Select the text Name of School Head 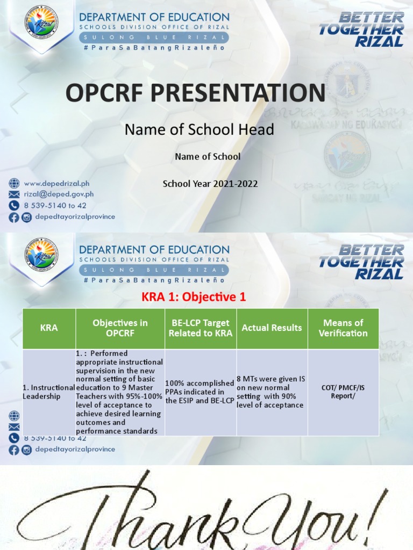tap(199, 129)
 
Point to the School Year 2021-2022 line tap(210, 184)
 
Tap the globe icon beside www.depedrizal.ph tap(13, 184)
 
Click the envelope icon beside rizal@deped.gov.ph tap(13, 194)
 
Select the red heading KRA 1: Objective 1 tap(193, 296)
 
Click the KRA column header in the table tap(49, 328)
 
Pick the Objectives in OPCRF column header tap(120, 328)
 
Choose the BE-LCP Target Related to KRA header tap(201, 328)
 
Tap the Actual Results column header tap(272, 328)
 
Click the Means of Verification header tap(343, 328)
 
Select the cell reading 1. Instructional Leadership tap(48, 392)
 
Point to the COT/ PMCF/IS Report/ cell tap(343, 392)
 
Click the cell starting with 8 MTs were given tap(272, 392)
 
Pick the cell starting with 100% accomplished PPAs tap(200, 392)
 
